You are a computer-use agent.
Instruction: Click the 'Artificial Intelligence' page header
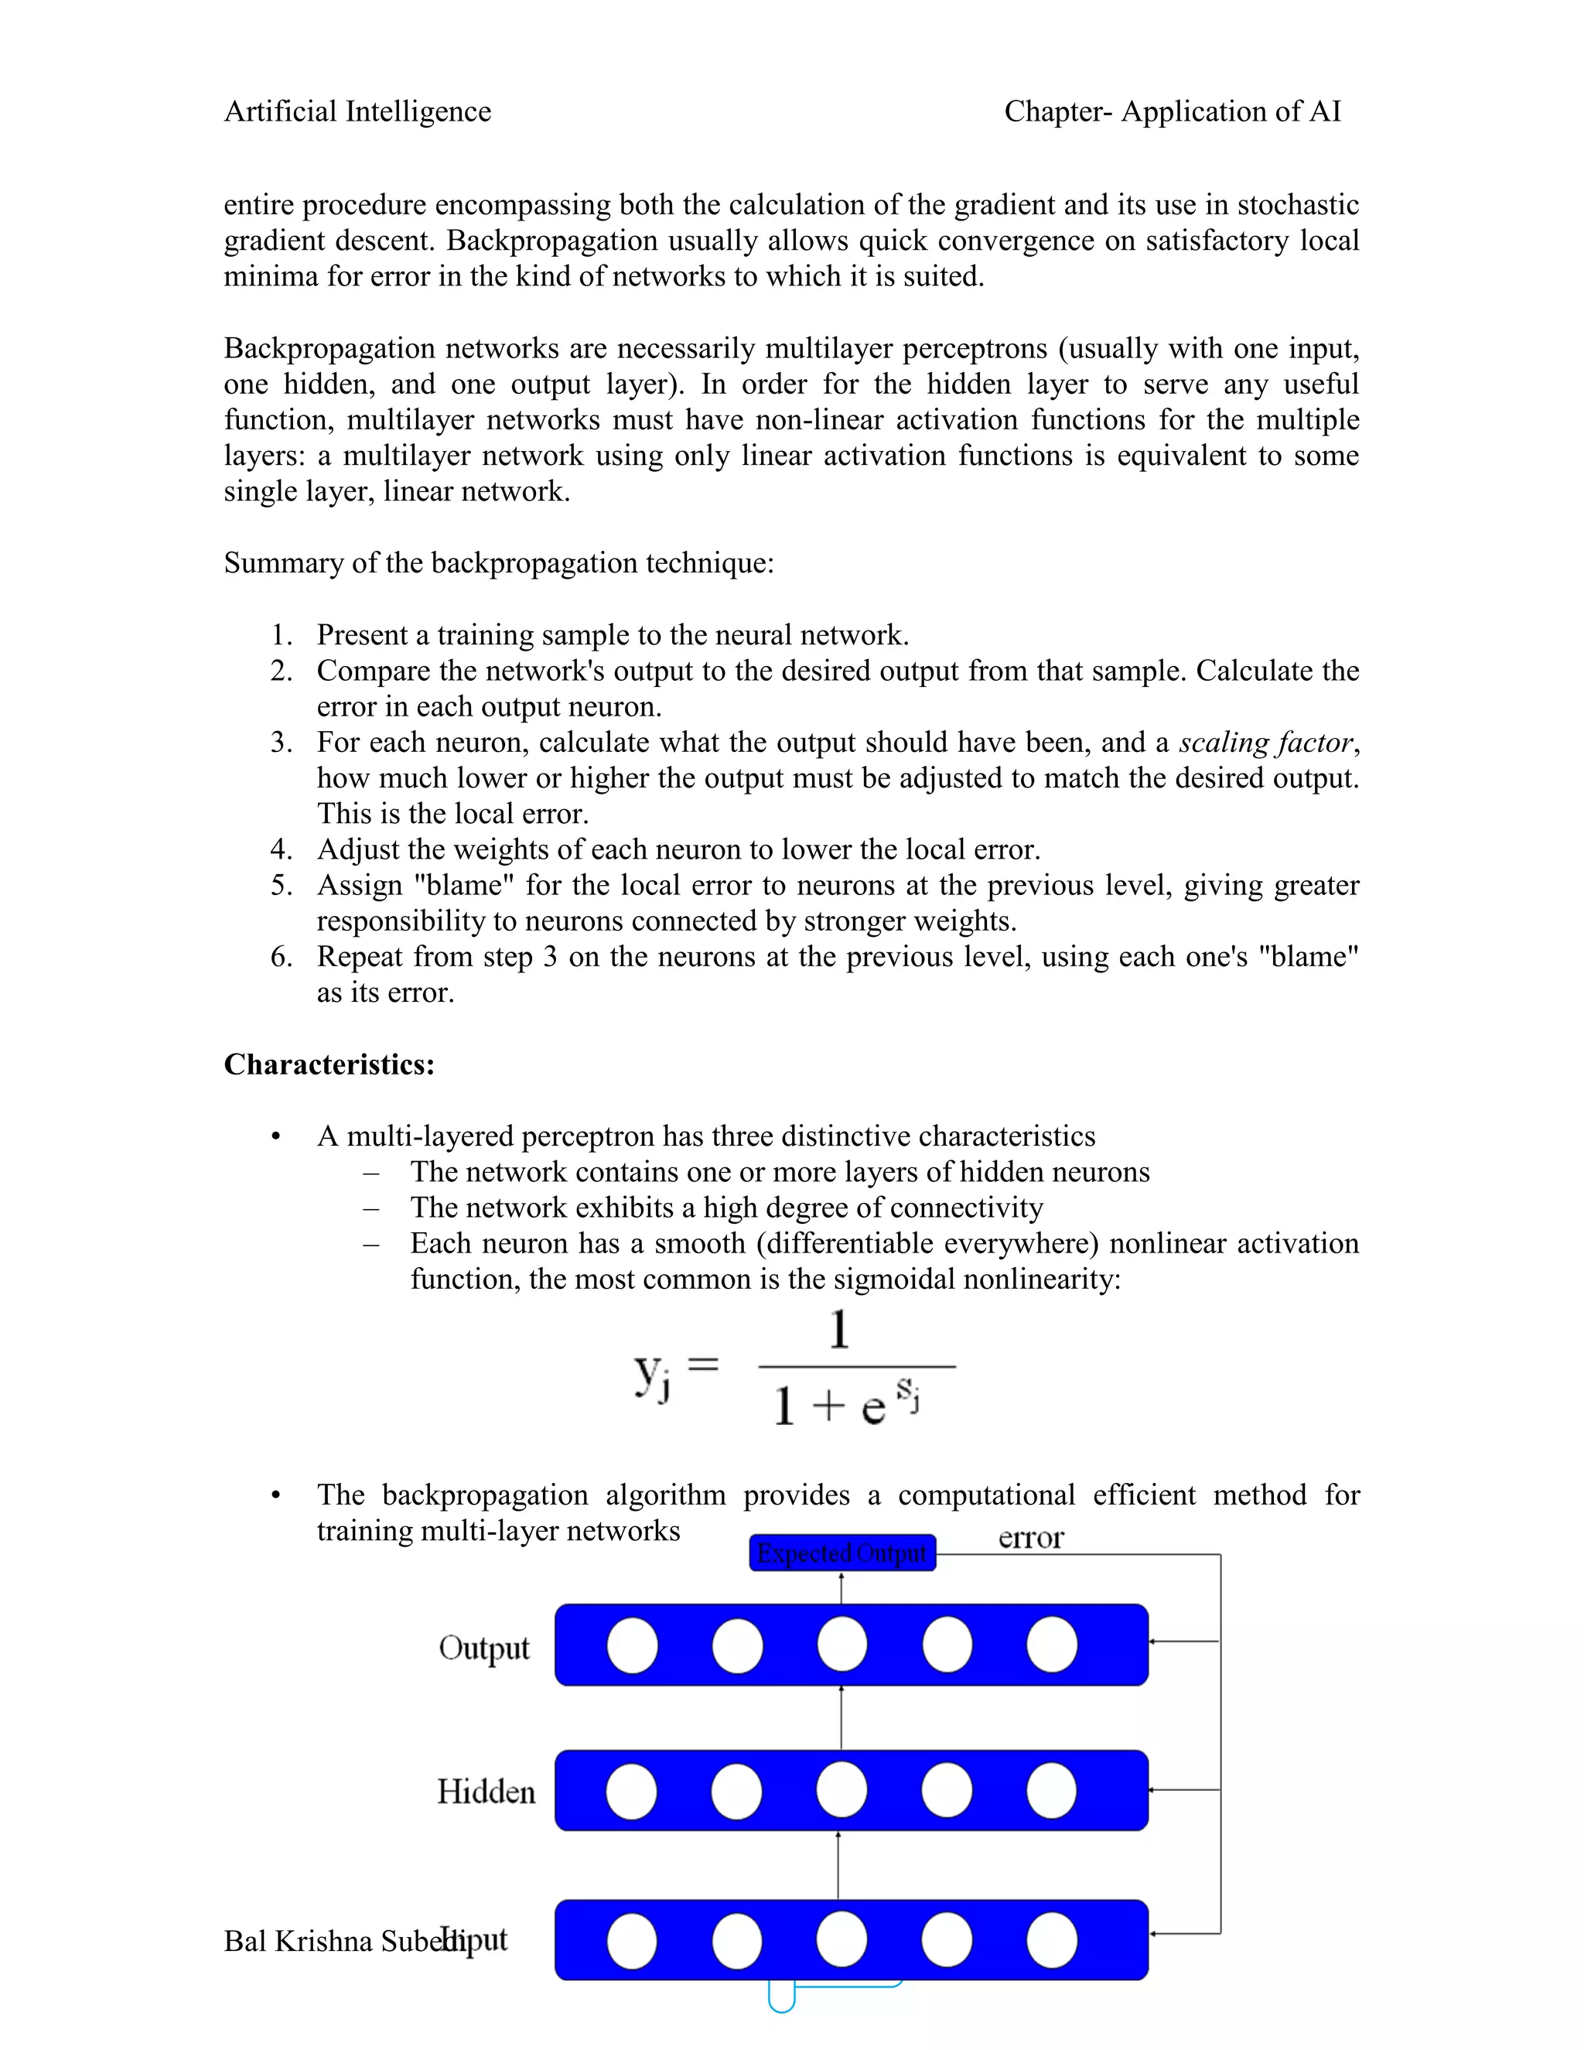[x=357, y=111]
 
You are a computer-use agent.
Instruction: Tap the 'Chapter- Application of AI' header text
[x=1172, y=111]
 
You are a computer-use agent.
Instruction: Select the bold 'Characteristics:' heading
[x=329, y=1064]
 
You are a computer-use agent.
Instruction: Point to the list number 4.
[x=281, y=849]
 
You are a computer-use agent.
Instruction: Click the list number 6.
[x=281, y=956]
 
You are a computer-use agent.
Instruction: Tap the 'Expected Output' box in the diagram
[x=841, y=1553]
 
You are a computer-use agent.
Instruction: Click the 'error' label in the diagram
[x=1030, y=1539]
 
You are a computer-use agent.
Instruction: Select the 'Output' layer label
[x=483, y=1649]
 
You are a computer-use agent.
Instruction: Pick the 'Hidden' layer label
[x=486, y=1792]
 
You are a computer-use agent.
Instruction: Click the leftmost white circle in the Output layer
[x=633, y=1645]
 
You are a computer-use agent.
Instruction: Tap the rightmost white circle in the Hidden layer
[x=1051, y=1791]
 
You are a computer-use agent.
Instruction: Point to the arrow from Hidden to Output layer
[x=841, y=1717]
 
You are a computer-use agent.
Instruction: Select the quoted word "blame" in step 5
[x=463, y=885]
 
